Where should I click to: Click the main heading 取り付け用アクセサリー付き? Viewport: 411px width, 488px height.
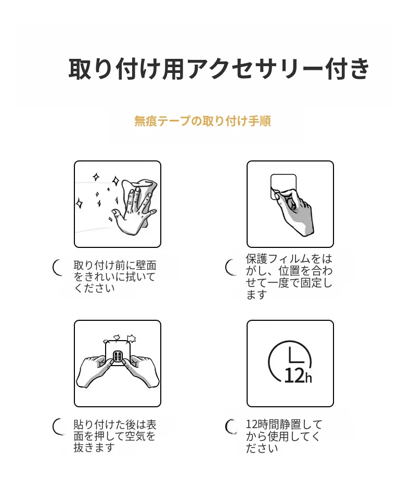point(219,68)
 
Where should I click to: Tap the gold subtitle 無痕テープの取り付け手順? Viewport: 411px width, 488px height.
point(203,121)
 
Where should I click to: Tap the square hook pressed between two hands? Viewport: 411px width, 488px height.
point(118,353)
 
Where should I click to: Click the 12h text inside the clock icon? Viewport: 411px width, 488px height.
point(298,376)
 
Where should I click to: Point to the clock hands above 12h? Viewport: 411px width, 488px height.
point(296,357)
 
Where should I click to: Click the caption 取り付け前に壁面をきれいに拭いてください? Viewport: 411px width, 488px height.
point(115,277)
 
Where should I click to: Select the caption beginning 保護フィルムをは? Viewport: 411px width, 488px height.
point(289,277)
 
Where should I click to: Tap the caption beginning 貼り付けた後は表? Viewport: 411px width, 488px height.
point(115,436)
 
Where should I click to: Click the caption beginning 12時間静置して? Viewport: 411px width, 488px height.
point(284,436)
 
